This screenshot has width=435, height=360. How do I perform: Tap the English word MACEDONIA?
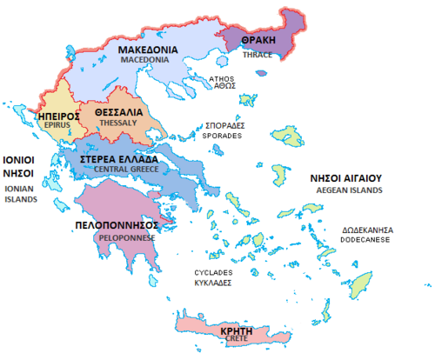click(149, 62)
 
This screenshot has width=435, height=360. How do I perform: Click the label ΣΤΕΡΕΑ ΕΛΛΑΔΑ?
click(119, 160)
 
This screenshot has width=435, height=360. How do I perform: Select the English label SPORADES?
click(223, 137)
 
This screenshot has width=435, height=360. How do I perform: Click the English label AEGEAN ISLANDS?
click(346, 190)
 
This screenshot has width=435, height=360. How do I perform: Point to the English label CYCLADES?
click(214, 272)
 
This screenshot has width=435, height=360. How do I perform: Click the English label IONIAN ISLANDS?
click(20, 193)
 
